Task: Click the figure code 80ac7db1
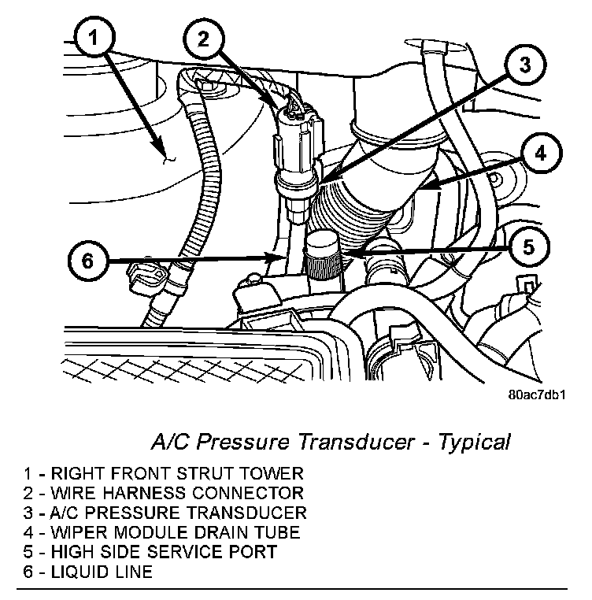click(x=538, y=397)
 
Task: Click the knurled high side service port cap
click(x=322, y=256)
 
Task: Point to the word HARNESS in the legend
click(x=139, y=494)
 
